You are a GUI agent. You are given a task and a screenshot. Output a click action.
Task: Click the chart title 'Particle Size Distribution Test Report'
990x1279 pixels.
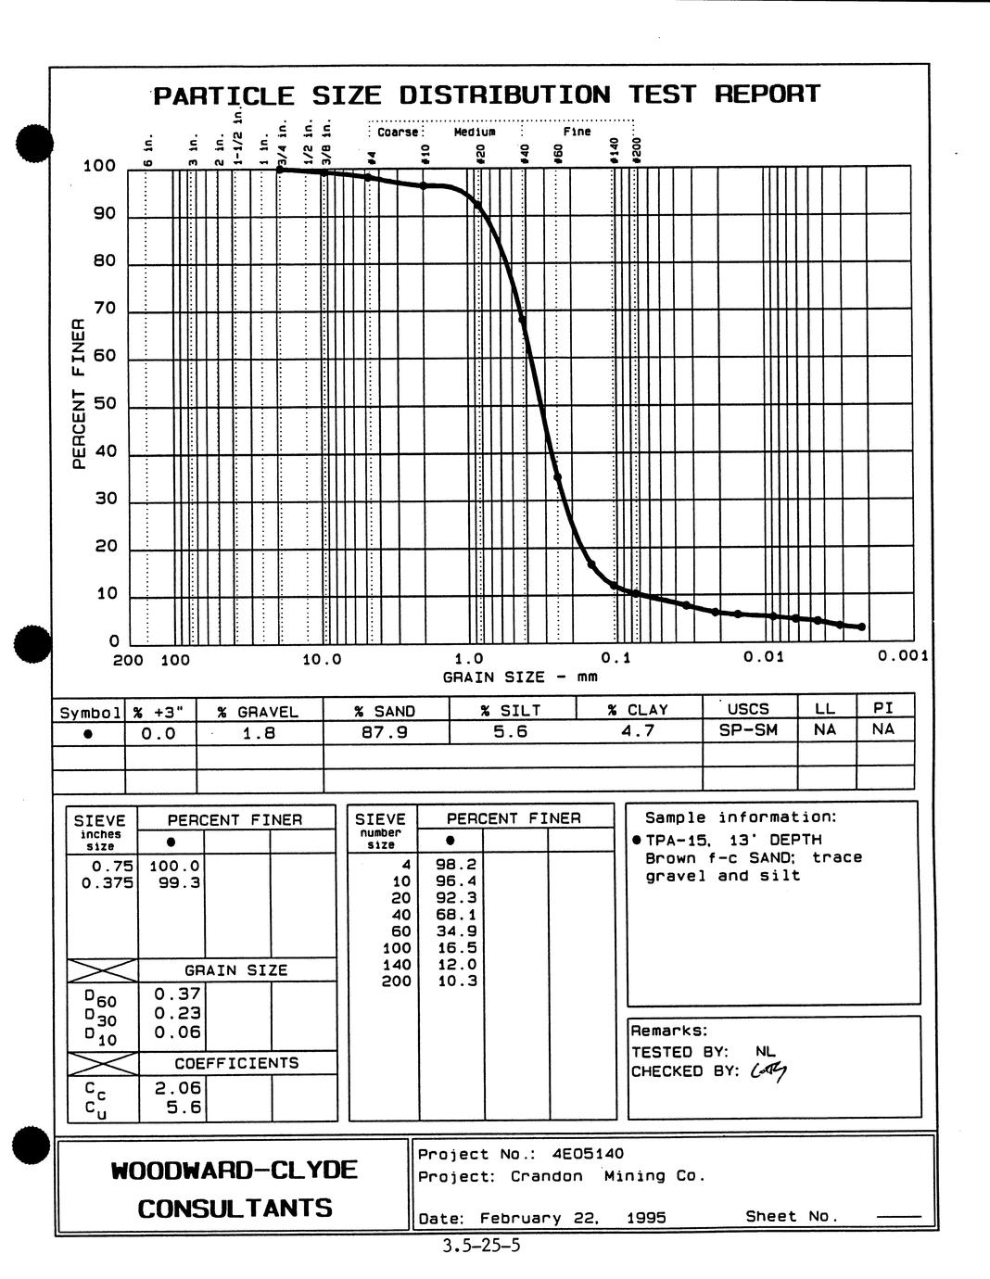click(x=487, y=95)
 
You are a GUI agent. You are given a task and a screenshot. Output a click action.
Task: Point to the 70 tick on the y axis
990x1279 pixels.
click(x=104, y=309)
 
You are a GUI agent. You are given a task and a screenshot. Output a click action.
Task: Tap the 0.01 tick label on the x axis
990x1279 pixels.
click(x=764, y=657)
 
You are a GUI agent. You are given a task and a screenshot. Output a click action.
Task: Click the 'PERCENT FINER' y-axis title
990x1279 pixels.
click(x=79, y=394)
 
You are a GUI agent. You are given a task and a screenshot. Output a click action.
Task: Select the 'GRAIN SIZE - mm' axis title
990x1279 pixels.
click(x=520, y=677)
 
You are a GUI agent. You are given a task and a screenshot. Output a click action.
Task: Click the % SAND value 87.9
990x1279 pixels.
click(x=386, y=732)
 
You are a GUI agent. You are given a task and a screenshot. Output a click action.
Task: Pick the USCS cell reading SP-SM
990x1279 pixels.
click(x=748, y=729)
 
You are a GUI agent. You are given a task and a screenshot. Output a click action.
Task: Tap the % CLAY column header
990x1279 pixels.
click(x=638, y=710)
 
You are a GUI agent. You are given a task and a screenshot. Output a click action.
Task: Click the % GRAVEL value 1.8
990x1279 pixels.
click(x=259, y=733)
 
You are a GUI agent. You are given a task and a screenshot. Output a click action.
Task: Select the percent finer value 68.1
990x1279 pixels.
click(x=456, y=915)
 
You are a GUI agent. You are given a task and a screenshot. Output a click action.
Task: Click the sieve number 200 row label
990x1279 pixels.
click(x=396, y=981)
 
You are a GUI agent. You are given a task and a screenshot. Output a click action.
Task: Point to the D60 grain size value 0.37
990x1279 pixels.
click(x=177, y=994)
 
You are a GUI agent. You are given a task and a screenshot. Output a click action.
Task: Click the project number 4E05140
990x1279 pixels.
click(x=588, y=1154)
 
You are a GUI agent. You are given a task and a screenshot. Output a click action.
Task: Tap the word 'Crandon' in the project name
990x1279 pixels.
click(x=546, y=1176)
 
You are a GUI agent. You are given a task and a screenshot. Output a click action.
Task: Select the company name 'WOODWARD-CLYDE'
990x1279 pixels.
click(x=234, y=1170)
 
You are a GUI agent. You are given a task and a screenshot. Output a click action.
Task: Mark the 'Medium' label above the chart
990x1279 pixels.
click(x=474, y=132)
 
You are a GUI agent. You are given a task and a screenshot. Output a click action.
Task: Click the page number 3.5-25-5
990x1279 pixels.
click(x=482, y=1245)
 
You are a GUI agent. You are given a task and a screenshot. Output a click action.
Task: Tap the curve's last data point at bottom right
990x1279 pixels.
click(x=861, y=627)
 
